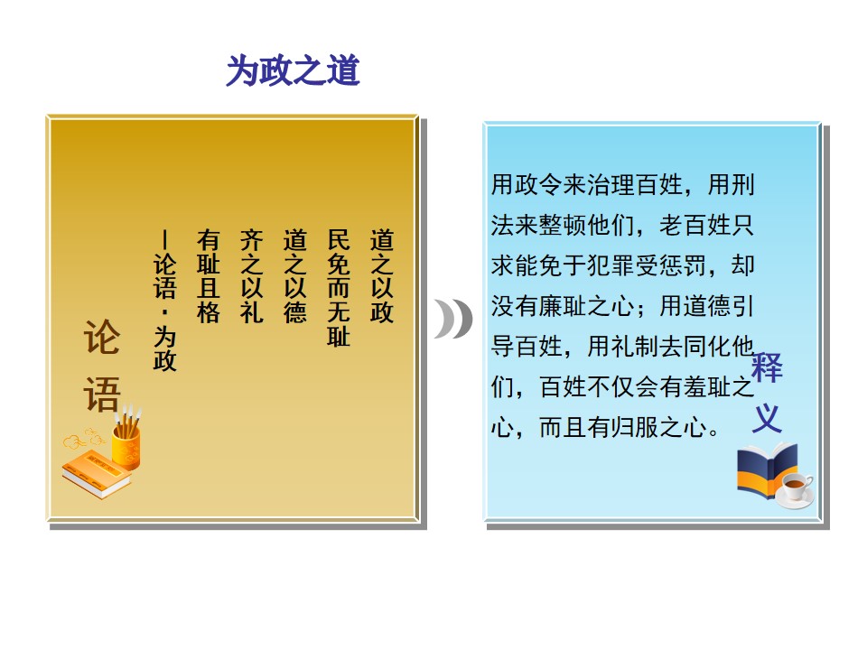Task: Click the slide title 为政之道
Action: coord(293,70)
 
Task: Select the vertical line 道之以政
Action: coord(381,276)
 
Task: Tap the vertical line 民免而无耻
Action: coord(339,288)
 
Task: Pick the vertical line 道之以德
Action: coord(294,276)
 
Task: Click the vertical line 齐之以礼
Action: coord(252,276)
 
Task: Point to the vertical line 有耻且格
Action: coord(209,276)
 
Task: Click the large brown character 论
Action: coord(102,337)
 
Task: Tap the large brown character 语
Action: coord(102,394)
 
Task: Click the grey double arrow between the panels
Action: coord(453,319)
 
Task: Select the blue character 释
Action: coord(767,367)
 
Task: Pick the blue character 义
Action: coord(767,418)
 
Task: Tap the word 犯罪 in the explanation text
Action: coord(611,265)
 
